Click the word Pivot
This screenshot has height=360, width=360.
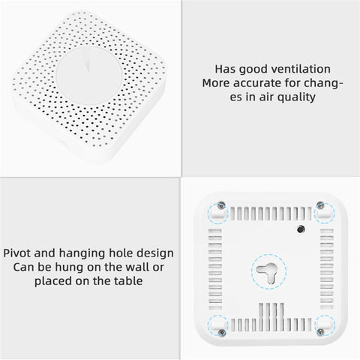pos(17,253)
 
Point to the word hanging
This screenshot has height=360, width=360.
pos(82,253)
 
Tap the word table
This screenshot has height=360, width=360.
pos(128,280)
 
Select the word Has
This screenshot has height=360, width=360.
pos(225,69)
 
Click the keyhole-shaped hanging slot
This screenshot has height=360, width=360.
pos(268,272)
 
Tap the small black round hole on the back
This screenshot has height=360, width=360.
pos(301,229)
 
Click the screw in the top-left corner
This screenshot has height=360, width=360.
pos(221,205)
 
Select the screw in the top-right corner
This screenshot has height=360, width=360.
pos(319,205)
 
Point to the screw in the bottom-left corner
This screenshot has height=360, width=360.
pos(221,332)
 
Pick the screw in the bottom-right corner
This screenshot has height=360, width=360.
pos(320,332)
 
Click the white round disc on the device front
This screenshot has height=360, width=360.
pos(89,76)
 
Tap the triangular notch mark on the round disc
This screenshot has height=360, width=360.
pos(87,64)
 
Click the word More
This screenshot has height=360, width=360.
pos(216,83)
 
